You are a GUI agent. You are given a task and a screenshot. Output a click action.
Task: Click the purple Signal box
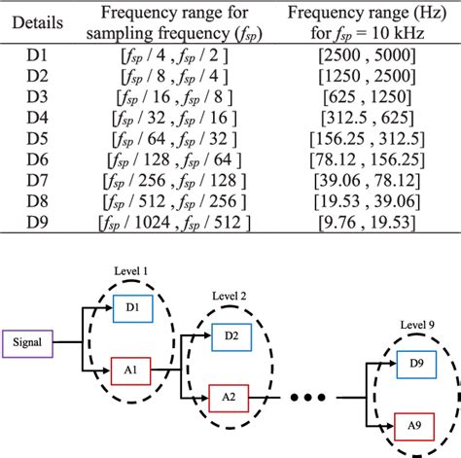pos(32,342)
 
